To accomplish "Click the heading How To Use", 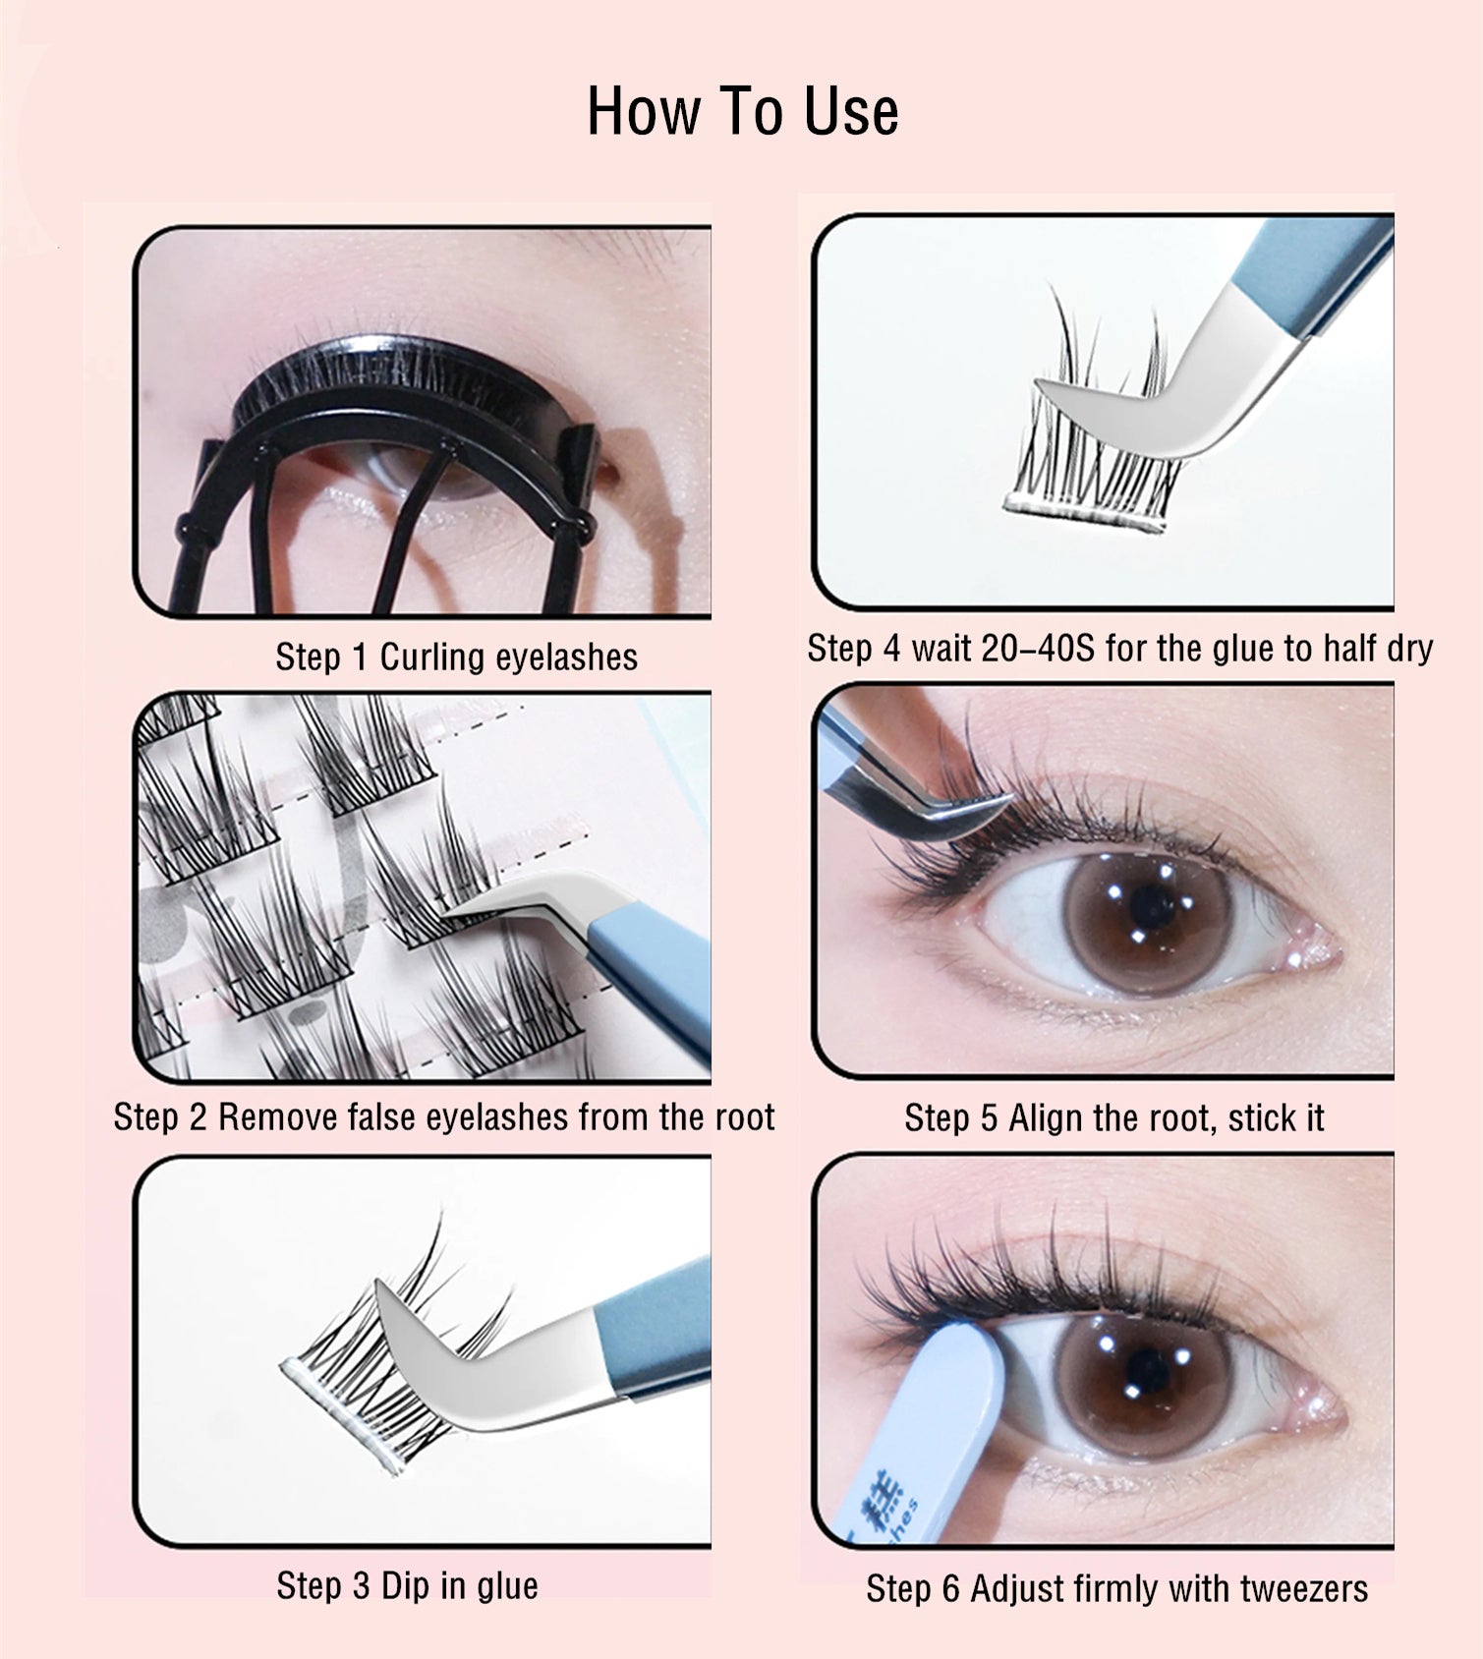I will (742, 111).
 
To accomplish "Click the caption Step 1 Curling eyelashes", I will (456, 658).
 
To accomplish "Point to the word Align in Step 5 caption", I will (1047, 1118).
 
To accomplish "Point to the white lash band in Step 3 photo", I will (339, 1415).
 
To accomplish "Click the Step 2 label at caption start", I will (159, 1117).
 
